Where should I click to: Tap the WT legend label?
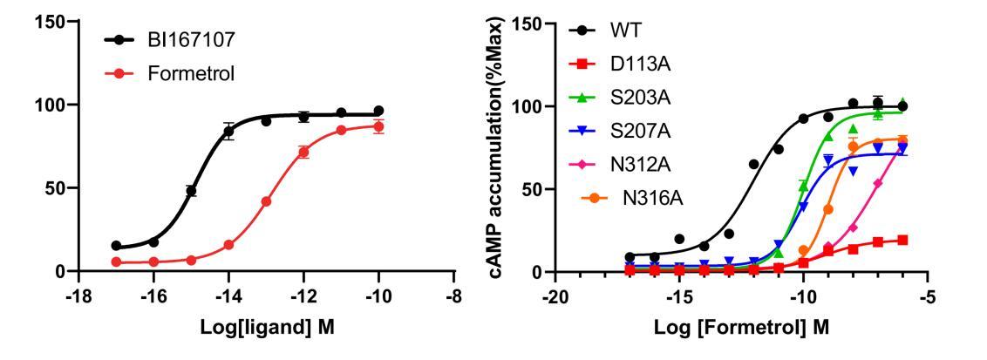(627, 31)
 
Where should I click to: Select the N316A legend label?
(652, 197)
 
